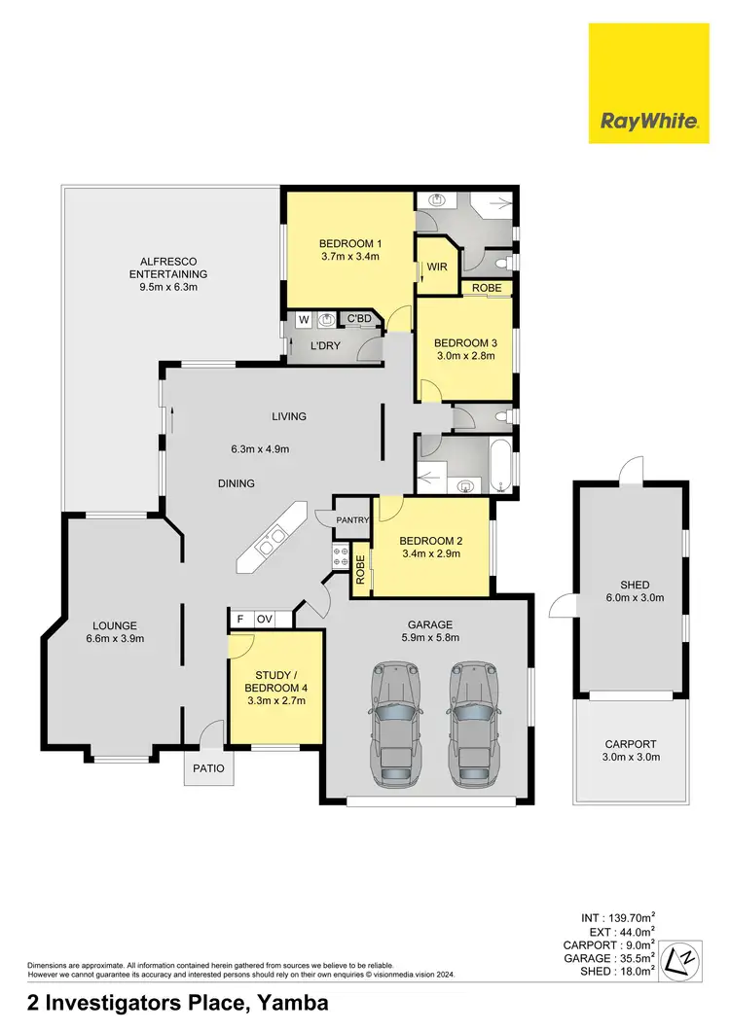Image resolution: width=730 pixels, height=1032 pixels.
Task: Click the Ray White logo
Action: pyautogui.click(x=649, y=83)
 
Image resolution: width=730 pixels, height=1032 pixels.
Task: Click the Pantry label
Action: pyautogui.click(x=352, y=520)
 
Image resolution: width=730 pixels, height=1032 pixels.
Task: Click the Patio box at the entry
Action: pyautogui.click(x=208, y=768)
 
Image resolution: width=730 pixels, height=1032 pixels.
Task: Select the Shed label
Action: pyautogui.click(x=635, y=585)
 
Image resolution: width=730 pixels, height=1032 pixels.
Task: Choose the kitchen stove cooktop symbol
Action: pyautogui.click(x=343, y=556)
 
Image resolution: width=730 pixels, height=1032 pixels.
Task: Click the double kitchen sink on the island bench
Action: pyautogui.click(x=272, y=543)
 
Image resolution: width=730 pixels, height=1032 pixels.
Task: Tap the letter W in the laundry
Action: pyautogui.click(x=304, y=318)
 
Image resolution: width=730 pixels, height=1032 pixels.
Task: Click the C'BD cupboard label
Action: pyautogui.click(x=359, y=318)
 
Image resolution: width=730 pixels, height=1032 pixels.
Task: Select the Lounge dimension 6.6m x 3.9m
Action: pyautogui.click(x=115, y=638)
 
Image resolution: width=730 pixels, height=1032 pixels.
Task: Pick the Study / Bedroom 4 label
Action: pyautogui.click(x=275, y=680)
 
